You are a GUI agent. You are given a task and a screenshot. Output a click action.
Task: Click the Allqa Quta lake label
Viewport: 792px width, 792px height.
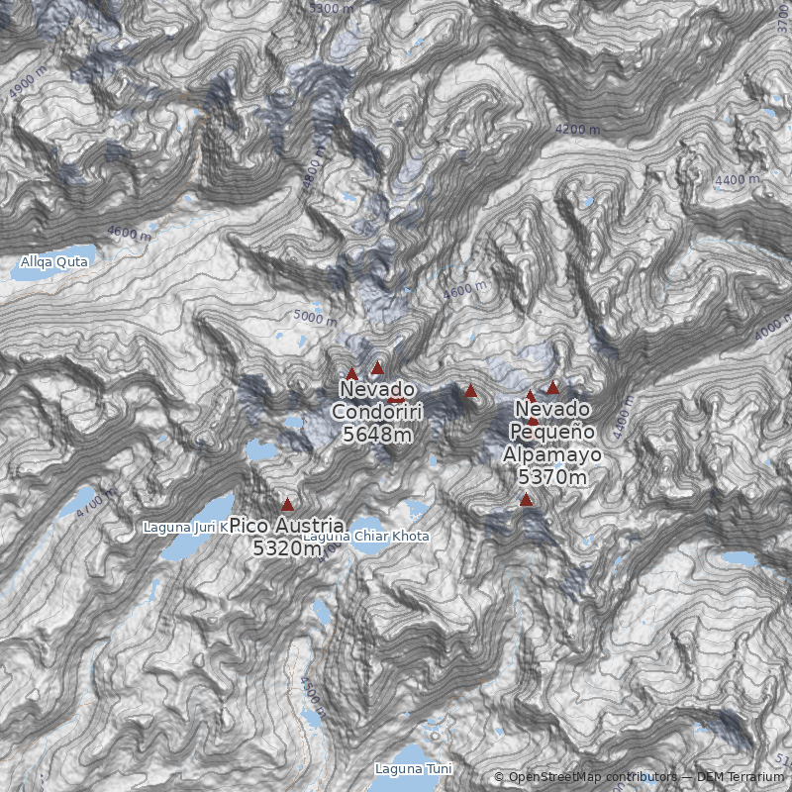click(54, 262)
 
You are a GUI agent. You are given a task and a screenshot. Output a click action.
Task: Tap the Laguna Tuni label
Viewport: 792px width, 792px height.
click(413, 768)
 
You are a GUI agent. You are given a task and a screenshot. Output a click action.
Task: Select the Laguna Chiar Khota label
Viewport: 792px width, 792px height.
click(366, 537)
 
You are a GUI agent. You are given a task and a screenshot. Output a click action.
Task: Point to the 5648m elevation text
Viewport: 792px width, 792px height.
click(376, 433)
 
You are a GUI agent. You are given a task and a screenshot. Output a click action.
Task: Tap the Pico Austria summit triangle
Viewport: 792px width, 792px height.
click(288, 504)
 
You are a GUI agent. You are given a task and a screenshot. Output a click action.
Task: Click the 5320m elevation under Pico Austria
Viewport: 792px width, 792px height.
click(287, 546)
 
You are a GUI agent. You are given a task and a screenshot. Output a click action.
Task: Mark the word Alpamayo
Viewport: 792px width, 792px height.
click(552, 454)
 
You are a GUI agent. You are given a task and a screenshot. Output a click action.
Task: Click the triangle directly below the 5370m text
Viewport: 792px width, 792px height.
click(526, 500)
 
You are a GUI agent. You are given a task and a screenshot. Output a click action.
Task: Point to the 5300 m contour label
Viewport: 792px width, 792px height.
click(331, 9)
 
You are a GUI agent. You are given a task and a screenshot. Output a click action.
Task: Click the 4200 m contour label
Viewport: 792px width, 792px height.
click(577, 129)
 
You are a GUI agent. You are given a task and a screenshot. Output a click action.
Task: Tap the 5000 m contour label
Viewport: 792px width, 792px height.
click(316, 318)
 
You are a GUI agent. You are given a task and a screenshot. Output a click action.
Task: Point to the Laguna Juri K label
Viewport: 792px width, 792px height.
click(185, 527)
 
